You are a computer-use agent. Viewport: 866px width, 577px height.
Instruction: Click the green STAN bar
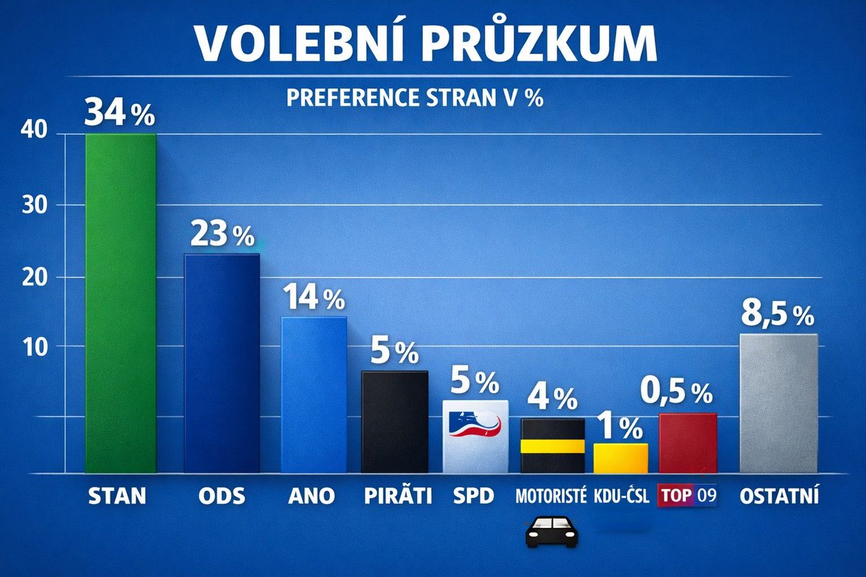point(121,303)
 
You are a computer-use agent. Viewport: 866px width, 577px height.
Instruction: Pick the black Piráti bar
point(394,422)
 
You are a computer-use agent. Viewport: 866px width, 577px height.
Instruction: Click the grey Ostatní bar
point(779,404)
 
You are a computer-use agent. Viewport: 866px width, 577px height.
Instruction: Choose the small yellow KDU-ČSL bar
point(621,458)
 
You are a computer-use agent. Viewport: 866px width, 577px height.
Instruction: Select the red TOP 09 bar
point(688,444)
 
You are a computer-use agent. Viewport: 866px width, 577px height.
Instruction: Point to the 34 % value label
point(120,113)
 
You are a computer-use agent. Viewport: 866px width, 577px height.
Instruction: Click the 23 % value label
point(222,234)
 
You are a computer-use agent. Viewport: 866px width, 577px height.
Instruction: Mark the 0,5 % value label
point(676,393)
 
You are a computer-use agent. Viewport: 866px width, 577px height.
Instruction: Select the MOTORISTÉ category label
point(552,496)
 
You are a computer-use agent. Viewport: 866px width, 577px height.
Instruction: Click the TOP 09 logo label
point(688,496)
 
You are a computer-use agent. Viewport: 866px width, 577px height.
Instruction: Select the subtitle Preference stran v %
point(414,97)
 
